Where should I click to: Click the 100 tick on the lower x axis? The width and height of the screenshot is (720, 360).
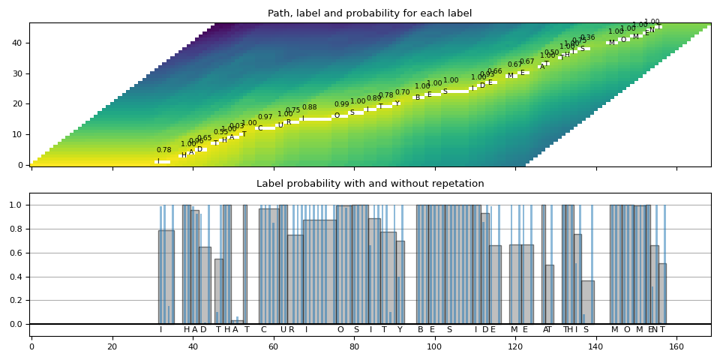point(434,346)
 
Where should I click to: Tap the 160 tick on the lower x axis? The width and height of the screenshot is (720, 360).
point(676,346)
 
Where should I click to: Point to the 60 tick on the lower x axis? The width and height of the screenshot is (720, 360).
point(273,346)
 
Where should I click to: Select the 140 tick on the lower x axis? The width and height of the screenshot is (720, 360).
point(595,346)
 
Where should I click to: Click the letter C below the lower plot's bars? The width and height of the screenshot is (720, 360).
point(263,330)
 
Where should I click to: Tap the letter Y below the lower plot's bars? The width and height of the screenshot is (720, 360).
point(400,330)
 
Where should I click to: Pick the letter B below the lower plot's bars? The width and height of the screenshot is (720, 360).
point(420,330)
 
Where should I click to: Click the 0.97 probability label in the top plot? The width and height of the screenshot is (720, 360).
point(265,118)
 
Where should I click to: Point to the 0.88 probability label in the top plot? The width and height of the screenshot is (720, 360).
point(309,108)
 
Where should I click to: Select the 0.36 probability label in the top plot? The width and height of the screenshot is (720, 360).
point(588,38)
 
